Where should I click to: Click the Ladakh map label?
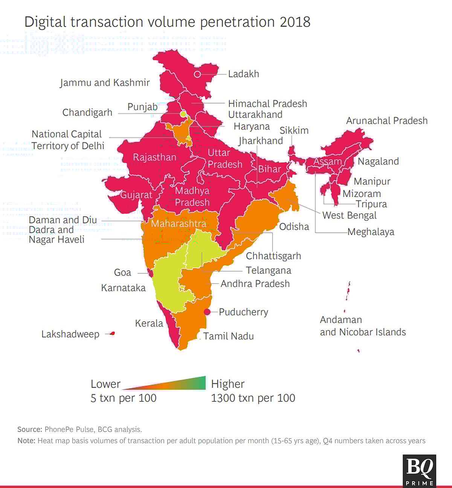pyautogui.click(x=243, y=74)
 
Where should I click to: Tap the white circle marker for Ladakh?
pyautogui.click(x=197, y=74)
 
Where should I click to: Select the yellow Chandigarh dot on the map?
pyautogui.click(x=183, y=114)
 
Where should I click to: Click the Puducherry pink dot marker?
pyautogui.click(x=207, y=312)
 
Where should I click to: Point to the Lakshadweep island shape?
pyautogui.click(x=112, y=333)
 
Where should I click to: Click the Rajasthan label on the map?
pyautogui.click(x=154, y=157)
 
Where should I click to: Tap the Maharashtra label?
pyautogui.click(x=179, y=224)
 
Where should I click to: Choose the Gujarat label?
pyautogui.click(x=136, y=195)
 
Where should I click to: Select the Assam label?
pyautogui.click(x=327, y=162)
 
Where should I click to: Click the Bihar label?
pyautogui.click(x=269, y=169)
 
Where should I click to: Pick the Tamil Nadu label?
pyautogui.click(x=228, y=336)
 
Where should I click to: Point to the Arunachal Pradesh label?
pyautogui.click(x=387, y=120)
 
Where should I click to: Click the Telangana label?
pyautogui.click(x=268, y=270)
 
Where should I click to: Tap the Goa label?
pyautogui.click(x=122, y=272)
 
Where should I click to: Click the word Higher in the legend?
pyautogui.click(x=228, y=384)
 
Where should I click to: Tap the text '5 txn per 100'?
pyautogui.click(x=123, y=398)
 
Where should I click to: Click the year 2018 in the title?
pyautogui.click(x=295, y=22)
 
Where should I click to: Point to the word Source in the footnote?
pyautogui.click(x=29, y=429)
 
